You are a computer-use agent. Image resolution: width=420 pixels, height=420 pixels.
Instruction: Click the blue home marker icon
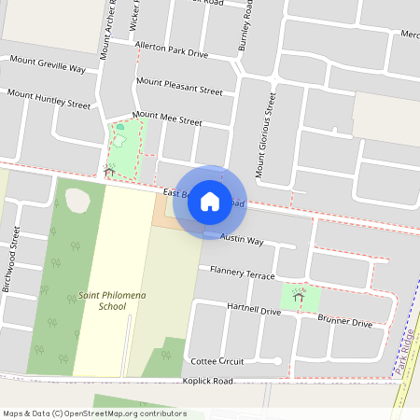pyautogui.click(x=210, y=202)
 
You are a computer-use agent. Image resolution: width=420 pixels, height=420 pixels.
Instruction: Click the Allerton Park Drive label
pyautogui.click(x=171, y=49)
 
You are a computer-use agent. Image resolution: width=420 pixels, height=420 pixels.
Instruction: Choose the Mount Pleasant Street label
pyautogui.click(x=179, y=87)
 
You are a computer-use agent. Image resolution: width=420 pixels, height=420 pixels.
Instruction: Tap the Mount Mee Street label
pyautogui.click(x=167, y=118)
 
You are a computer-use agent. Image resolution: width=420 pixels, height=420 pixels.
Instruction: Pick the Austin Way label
pyautogui.click(x=242, y=240)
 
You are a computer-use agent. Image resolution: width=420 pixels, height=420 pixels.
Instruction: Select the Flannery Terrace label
pyautogui.click(x=242, y=273)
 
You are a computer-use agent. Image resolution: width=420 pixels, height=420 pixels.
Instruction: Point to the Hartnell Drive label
pyautogui.click(x=254, y=309)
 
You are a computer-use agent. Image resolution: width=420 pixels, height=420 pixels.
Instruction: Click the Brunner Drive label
pyautogui.click(x=344, y=321)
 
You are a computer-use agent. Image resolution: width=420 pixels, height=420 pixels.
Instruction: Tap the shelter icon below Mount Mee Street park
pyautogui.click(x=109, y=171)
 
